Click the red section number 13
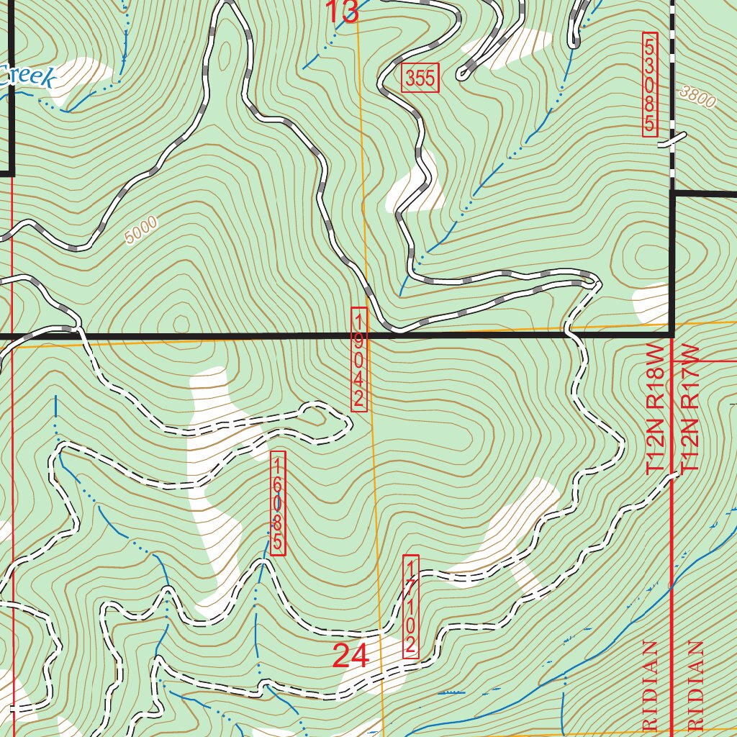coord(343,12)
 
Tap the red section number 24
coord(351,656)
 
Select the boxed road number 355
coord(420,78)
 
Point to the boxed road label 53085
coord(650,84)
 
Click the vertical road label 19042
coord(359,359)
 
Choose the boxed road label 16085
coord(278,503)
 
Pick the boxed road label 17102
coord(411,605)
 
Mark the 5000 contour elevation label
coord(140,232)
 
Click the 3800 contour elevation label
coord(697,97)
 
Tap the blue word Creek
coord(27,76)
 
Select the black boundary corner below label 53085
coord(672,194)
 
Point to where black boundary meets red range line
coord(672,335)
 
